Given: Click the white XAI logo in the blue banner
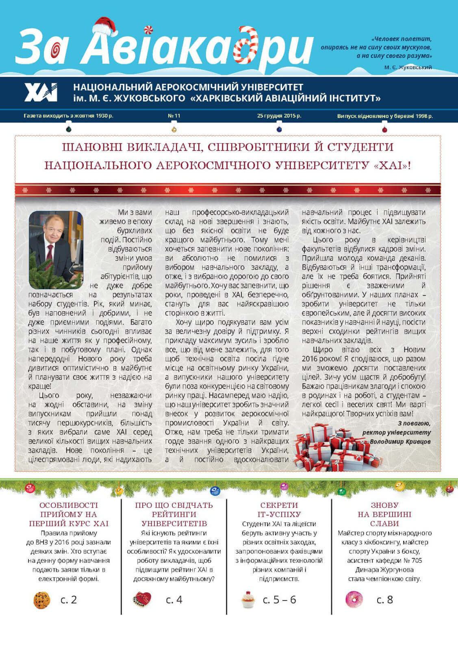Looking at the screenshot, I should tap(41, 92).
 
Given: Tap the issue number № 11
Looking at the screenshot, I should tap(174, 116).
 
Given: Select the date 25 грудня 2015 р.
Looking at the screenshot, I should tap(279, 116).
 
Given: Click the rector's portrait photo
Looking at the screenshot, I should tap(56, 249).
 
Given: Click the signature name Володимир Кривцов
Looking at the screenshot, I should tap(400, 441).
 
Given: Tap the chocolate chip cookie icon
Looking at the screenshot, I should tap(41, 600).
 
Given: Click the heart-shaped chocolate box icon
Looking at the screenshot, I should tap(142, 599).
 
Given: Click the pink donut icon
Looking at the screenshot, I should tap(354, 599).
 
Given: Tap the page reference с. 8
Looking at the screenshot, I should tap(384, 600).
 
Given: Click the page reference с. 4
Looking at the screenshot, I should tap(174, 600).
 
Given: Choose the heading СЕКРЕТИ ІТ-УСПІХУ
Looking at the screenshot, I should tap(279, 510).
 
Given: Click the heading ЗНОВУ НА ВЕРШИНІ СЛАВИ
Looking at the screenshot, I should tap(384, 514).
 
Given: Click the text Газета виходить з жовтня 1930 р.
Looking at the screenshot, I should tap(68, 116).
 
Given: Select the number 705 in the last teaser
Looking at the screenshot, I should tap(416, 561).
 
